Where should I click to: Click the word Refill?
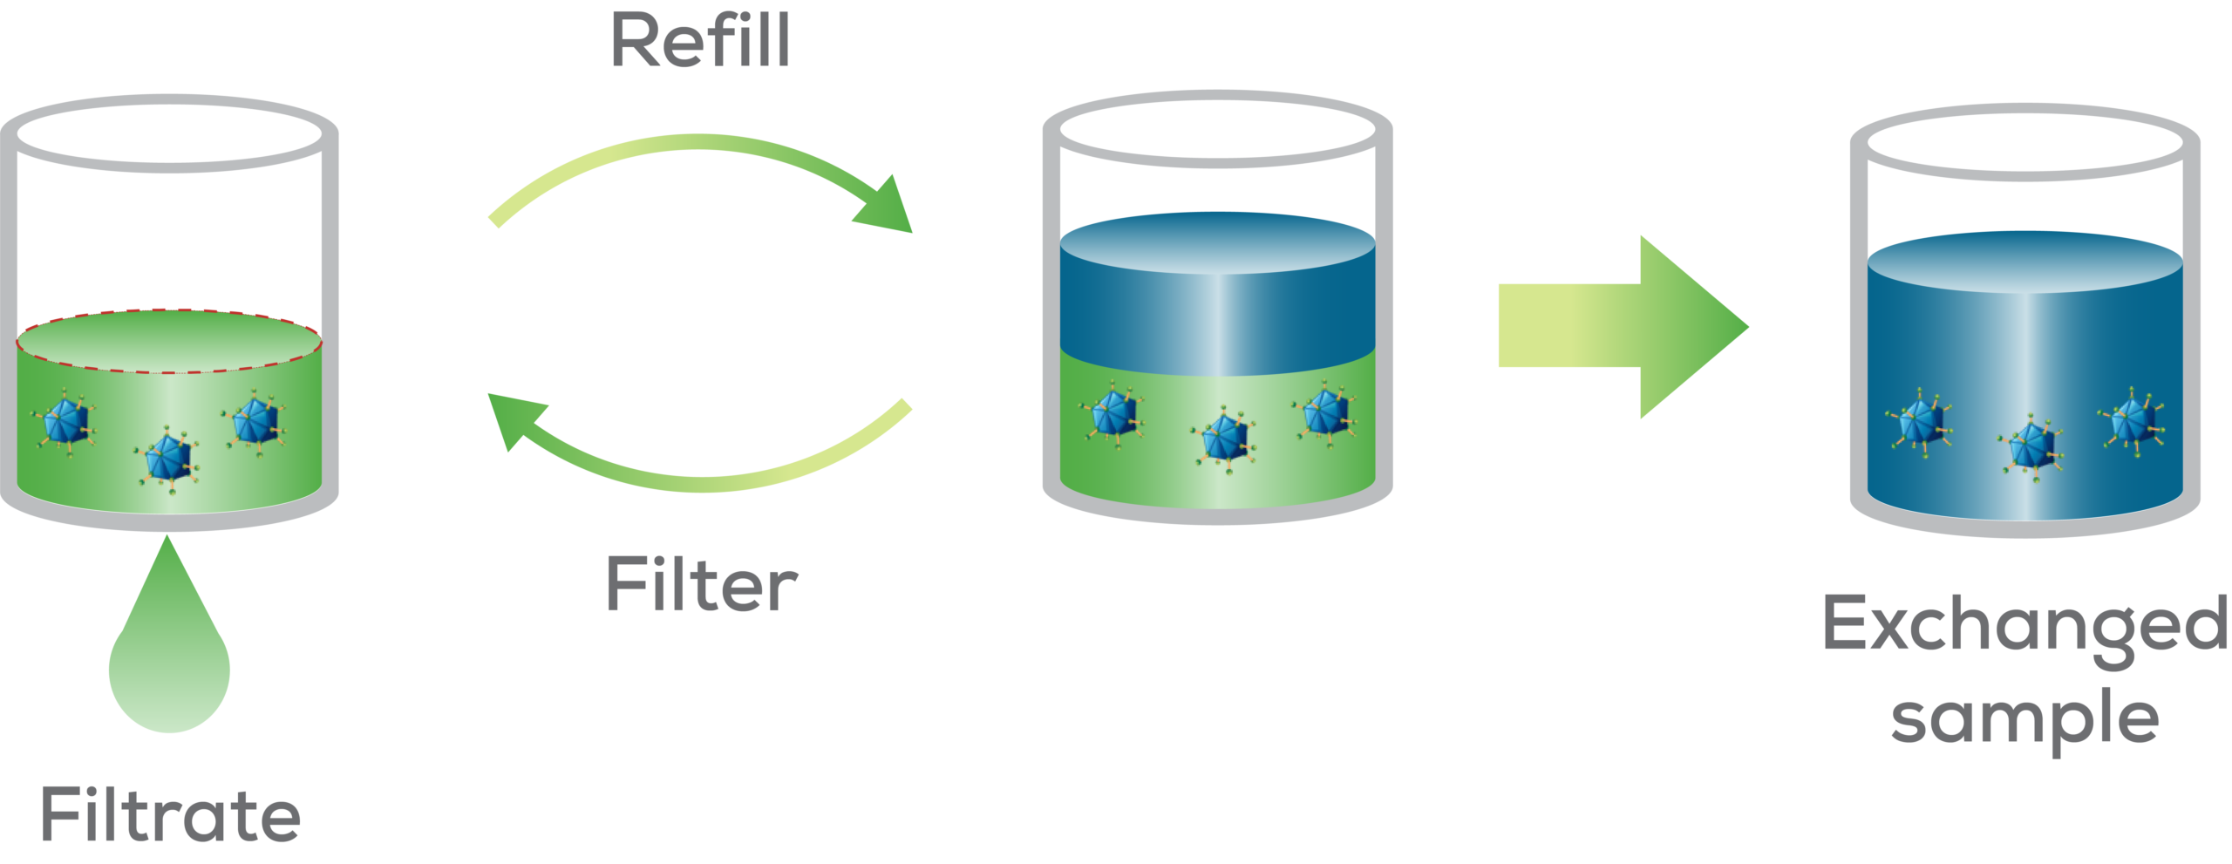pyautogui.click(x=701, y=40)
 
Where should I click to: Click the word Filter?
pyautogui.click(x=701, y=585)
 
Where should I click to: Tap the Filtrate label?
pyautogui.click(x=171, y=815)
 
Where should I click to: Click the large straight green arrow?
pyautogui.click(x=1622, y=326)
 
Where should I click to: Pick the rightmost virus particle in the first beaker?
pyautogui.click(x=255, y=421)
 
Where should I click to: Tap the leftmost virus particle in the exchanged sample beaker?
pyautogui.click(x=1919, y=419)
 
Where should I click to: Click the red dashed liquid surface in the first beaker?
pyautogui.click(x=169, y=340)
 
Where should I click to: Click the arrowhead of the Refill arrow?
pyautogui.click(x=888, y=207)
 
